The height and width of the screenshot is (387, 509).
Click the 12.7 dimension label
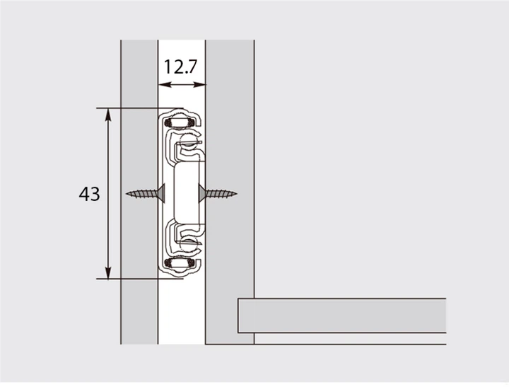180,67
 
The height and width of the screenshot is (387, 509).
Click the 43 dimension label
89,194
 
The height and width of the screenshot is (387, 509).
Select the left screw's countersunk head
162,194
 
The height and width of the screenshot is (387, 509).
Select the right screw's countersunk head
201,194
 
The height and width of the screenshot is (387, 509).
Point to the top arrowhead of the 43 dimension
108,115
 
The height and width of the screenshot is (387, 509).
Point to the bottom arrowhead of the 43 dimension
108,272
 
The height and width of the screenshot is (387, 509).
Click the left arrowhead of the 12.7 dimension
165,85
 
